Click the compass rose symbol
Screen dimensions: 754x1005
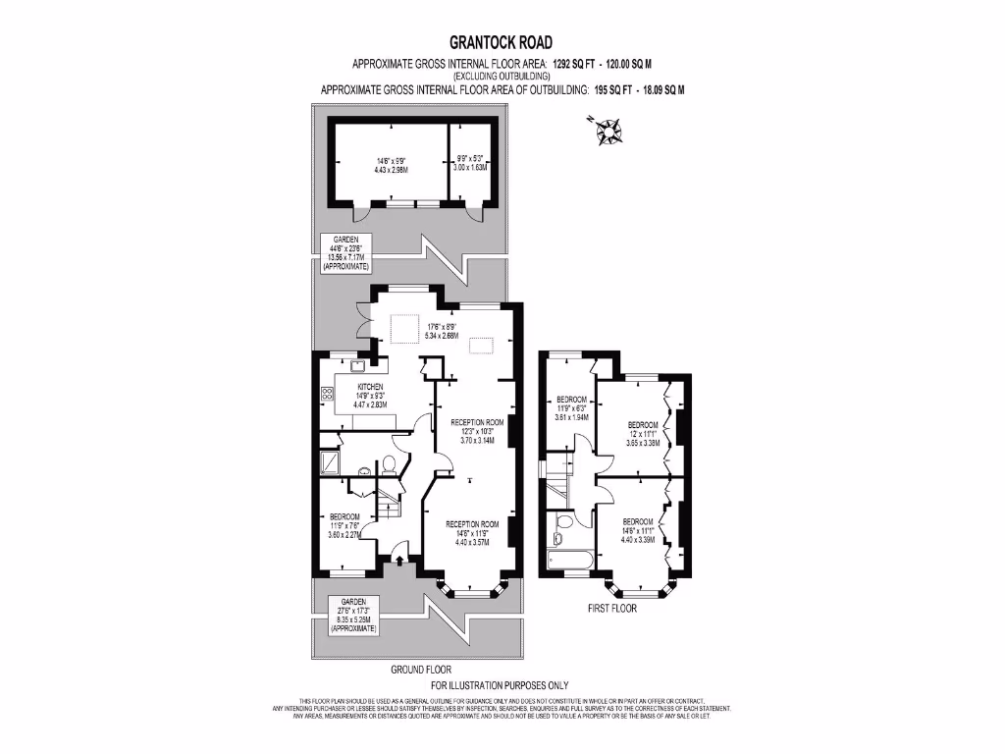click(610, 130)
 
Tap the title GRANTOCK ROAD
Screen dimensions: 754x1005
click(502, 42)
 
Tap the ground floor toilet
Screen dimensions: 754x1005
click(389, 462)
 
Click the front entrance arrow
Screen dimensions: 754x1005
click(399, 560)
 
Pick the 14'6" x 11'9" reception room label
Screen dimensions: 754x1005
click(472, 532)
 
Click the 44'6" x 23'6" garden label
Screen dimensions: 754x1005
click(345, 253)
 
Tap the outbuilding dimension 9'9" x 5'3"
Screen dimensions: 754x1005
click(469, 164)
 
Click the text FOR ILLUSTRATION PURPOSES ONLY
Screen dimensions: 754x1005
click(500, 684)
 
